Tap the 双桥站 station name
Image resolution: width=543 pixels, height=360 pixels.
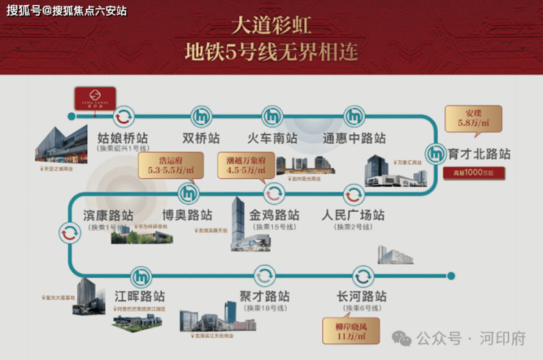[x=201, y=138]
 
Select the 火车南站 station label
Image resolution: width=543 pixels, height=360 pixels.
[x=271, y=138]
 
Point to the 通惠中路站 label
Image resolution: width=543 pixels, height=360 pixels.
[x=354, y=138]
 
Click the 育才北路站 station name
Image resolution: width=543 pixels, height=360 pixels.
[x=479, y=155]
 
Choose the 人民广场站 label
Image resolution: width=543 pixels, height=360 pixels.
[x=353, y=216]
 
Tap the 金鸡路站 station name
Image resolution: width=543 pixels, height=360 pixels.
[x=274, y=216]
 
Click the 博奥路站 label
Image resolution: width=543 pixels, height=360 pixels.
[x=187, y=216]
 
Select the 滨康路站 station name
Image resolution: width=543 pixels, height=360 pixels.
[x=103, y=216]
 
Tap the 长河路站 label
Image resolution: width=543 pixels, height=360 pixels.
[x=361, y=296]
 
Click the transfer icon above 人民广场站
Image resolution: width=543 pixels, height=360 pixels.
[x=353, y=194]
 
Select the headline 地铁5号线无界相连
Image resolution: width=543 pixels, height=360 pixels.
[x=271, y=53]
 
